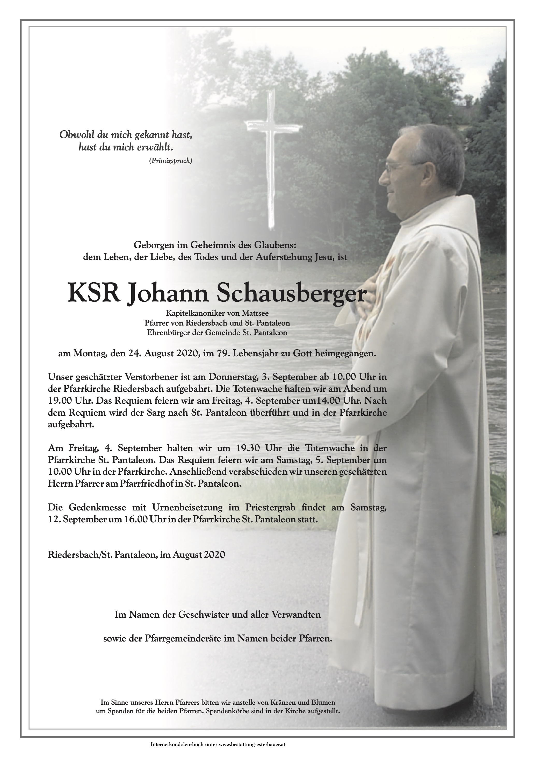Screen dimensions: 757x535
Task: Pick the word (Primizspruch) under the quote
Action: click(170, 161)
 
